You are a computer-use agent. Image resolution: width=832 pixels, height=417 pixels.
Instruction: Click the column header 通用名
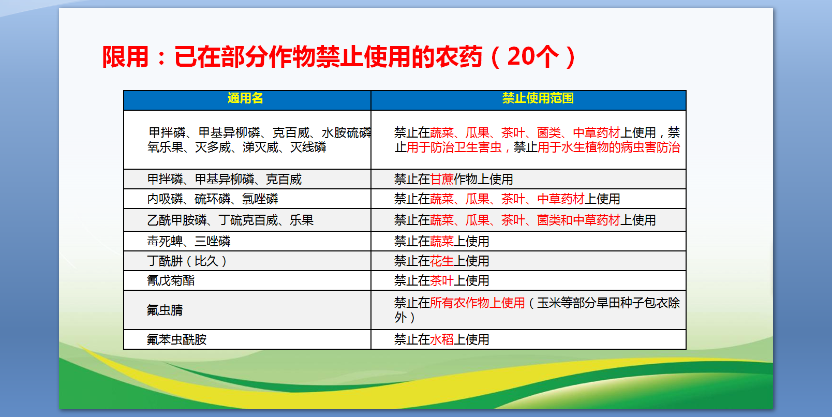tap(245, 98)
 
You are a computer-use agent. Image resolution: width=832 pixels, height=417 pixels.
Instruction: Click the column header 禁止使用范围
tap(538, 98)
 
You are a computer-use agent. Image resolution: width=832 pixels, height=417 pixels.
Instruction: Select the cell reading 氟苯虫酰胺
tap(176, 340)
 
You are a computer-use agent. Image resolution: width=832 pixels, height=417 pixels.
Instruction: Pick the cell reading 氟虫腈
tap(165, 310)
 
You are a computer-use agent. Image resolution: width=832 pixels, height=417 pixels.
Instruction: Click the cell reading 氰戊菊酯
tap(171, 281)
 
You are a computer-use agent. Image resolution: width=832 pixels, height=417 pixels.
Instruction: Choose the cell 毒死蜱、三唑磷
tap(188, 242)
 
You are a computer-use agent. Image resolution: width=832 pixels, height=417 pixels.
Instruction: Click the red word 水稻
tap(441, 340)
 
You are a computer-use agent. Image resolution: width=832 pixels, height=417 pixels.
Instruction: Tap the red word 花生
tap(441, 261)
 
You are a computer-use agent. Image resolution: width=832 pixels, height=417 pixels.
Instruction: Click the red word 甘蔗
tap(441, 180)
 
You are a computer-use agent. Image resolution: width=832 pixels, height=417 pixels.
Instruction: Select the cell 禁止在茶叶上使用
tap(441, 281)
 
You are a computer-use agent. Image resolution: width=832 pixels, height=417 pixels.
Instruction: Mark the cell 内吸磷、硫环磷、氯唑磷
tap(212, 199)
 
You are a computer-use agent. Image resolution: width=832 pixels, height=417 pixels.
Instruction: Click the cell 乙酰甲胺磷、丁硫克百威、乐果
tap(230, 220)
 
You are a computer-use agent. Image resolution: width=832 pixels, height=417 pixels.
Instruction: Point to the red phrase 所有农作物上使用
tap(477, 303)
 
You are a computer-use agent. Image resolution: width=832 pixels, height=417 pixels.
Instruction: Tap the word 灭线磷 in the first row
tap(308, 147)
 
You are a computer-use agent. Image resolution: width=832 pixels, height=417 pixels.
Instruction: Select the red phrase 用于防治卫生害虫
tap(454, 147)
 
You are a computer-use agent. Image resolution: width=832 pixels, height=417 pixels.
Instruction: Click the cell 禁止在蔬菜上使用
tap(441, 242)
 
